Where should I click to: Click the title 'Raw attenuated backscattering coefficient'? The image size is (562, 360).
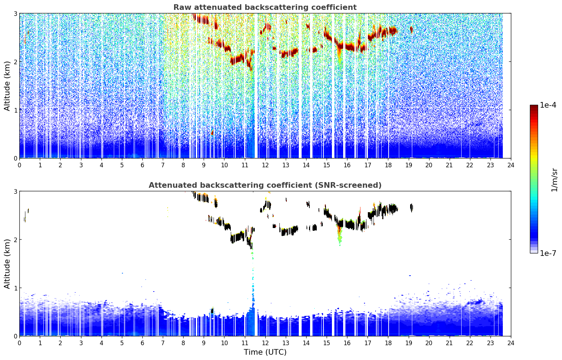pyautogui.click(x=265, y=7)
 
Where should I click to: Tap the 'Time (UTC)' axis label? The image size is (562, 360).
pyautogui.click(x=265, y=352)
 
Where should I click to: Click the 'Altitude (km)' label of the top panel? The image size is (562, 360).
pyautogui.click(x=7, y=86)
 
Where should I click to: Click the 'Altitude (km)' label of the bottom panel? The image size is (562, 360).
pyautogui.click(x=7, y=264)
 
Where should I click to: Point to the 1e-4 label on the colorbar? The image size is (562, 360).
pyautogui.click(x=548, y=105)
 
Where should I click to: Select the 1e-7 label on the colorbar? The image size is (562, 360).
pyautogui.click(x=548, y=253)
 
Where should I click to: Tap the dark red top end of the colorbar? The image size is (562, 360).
pyautogui.click(x=534, y=106)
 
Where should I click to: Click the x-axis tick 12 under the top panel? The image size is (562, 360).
pyautogui.click(x=265, y=165)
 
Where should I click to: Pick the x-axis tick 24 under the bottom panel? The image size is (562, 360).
pyautogui.click(x=511, y=343)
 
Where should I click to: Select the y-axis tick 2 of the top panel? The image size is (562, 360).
pyautogui.click(x=15, y=62)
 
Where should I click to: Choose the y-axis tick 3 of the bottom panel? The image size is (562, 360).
pyautogui.click(x=15, y=191)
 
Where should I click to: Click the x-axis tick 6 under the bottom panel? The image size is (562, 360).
pyautogui.click(x=142, y=343)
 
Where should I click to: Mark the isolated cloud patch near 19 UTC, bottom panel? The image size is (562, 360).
pyautogui.click(x=412, y=208)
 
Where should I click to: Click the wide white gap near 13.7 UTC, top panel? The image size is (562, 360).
pyautogui.click(x=300, y=86)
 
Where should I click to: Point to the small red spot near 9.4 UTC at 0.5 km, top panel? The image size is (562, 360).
pyautogui.click(x=212, y=132)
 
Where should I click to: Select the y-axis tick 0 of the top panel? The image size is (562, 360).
pyautogui.click(x=15, y=158)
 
